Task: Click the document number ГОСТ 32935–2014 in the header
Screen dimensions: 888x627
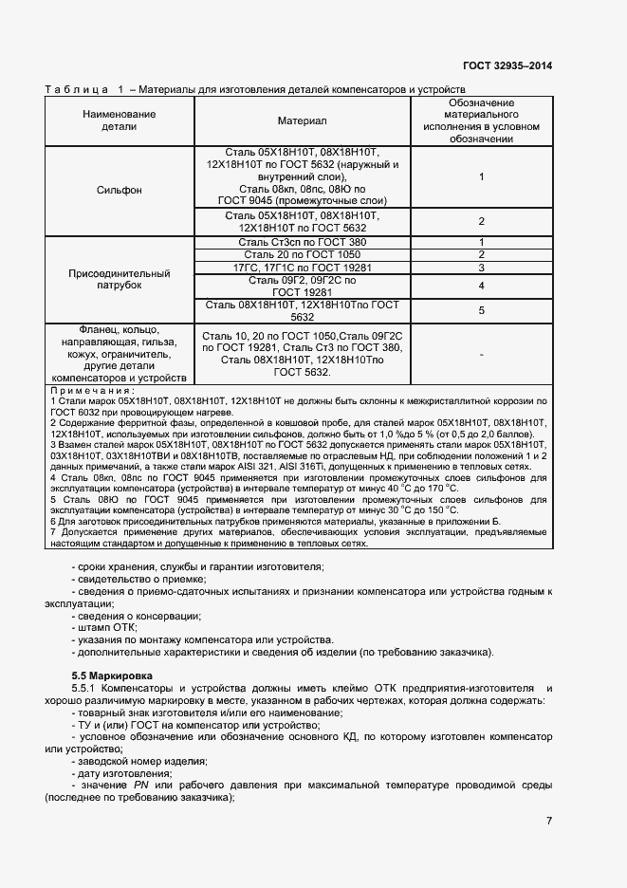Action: [x=507, y=65]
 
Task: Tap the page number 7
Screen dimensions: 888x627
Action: [x=549, y=821]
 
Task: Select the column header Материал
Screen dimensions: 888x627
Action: [x=302, y=120]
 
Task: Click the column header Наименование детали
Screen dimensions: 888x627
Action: [x=120, y=120]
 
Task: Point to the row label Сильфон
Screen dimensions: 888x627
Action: [x=120, y=190]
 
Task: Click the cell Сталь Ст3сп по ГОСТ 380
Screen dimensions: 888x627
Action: [x=302, y=243]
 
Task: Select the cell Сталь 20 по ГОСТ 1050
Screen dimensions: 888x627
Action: [x=302, y=255]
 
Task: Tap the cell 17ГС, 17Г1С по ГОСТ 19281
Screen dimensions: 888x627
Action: [x=302, y=268]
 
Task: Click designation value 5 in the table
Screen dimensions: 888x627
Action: [x=482, y=310]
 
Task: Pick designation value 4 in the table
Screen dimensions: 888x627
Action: [x=482, y=286]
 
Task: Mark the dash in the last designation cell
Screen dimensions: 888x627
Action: [x=482, y=354]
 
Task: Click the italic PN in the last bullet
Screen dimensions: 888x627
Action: [x=141, y=786]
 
